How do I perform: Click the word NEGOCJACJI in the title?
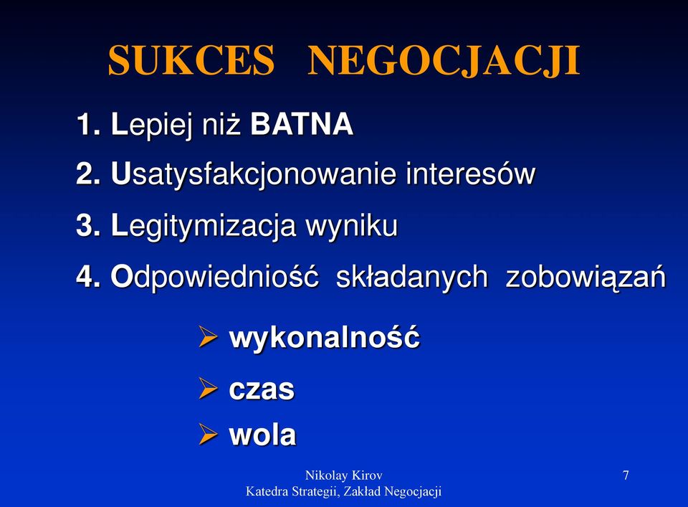tap(444, 61)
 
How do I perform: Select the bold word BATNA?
tap(302, 124)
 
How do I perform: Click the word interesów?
tap(470, 174)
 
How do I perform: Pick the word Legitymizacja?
tap(204, 226)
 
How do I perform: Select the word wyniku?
tap(351, 227)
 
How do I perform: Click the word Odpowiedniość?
tap(214, 276)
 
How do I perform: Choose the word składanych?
tap(411, 277)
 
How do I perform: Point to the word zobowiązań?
tap(586, 278)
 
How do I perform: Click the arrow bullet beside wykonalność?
tap(208, 336)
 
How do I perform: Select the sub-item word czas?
tap(262, 389)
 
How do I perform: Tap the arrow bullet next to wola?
tap(208, 434)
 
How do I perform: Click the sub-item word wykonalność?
tap(324, 337)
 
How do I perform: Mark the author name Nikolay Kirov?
tap(343, 475)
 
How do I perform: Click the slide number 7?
tap(626, 475)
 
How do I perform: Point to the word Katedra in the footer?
tap(262, 491)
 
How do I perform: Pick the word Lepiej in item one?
tap(152, 125)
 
